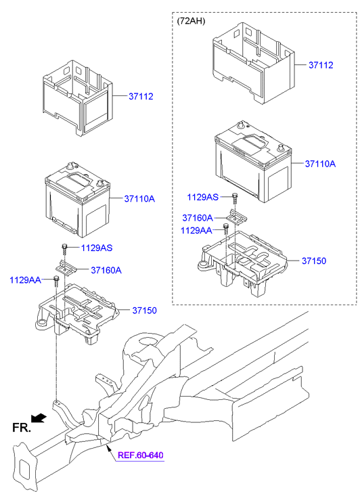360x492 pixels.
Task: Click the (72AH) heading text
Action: pyautogui.click(x=192, y=21)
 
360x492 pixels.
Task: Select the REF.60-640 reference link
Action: pyautogui.click(x=141, y=455)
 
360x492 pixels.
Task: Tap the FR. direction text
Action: pyautogui.click(x=21, y=427)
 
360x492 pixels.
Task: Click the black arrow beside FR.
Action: pyautogui.click(x=41, y=418)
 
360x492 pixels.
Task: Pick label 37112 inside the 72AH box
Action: pyautogui.click(x=321, y=66)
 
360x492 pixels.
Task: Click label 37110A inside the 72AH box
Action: pyautogui.click(x=320, y=164)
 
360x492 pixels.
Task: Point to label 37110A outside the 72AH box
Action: pyautogui.click(x=139, y=199)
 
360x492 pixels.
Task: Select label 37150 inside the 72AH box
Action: pyautogui.click(x=314, y=261)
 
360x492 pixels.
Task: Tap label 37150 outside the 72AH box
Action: pyautogui.click(x=144, y=311)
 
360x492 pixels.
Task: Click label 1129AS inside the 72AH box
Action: pyautogui.click(x=203, y=197)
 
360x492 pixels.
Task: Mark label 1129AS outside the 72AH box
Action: pyautogui.click(x=97, y=248)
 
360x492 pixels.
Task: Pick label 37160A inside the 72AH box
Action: pyautogui.click(x=198, y=218)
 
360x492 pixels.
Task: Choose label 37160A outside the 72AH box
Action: pyautogui.click(x=106, y=270)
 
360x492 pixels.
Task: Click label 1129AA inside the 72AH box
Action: pyautogui.click(x=196, y=231)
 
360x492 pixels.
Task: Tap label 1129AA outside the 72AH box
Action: pyautogui.click(x=25, y=279)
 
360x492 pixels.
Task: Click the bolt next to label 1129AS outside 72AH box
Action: pyautogui.click(x=64, y=248)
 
